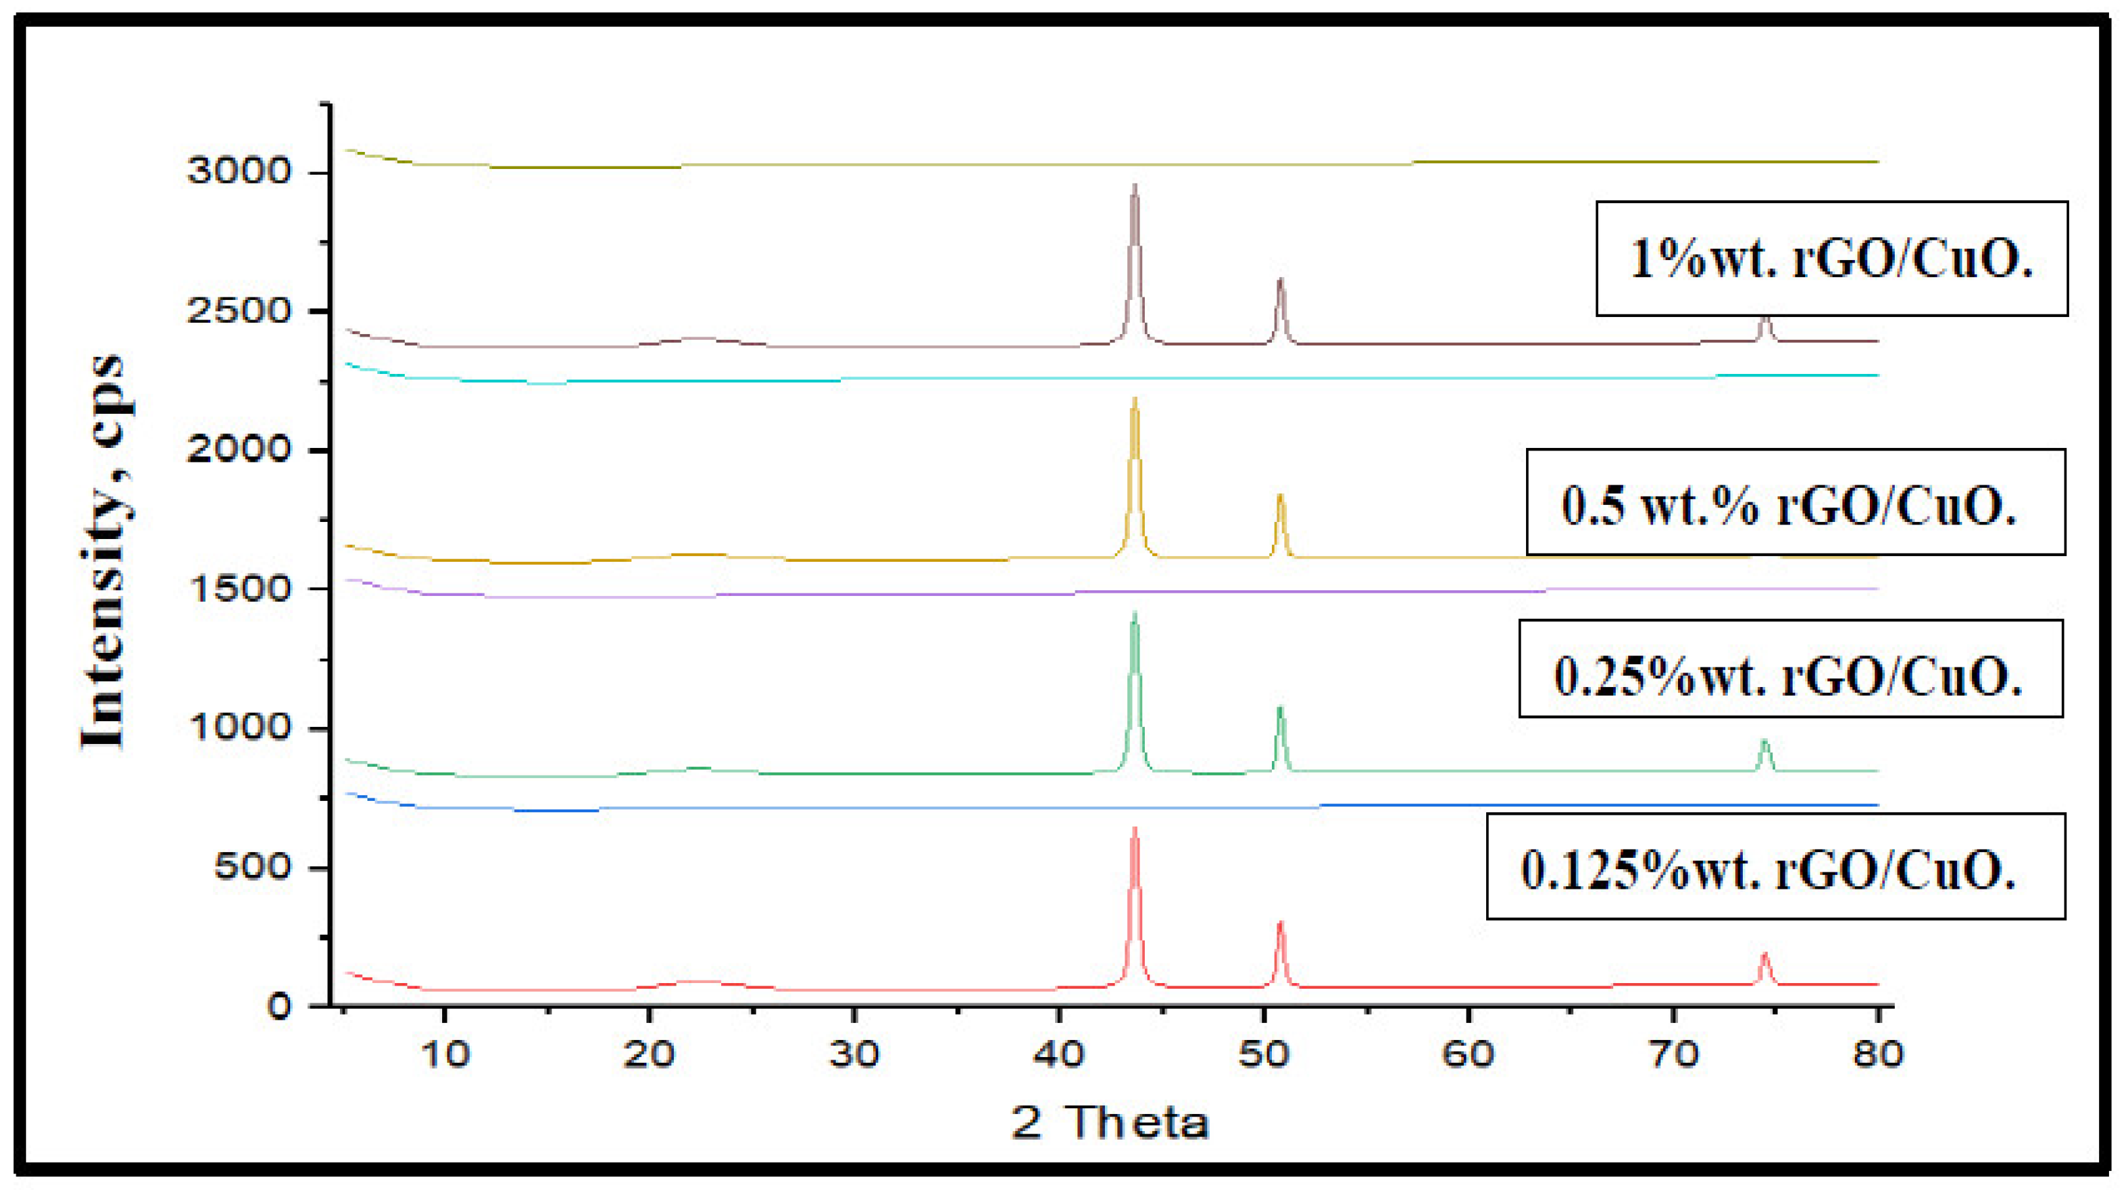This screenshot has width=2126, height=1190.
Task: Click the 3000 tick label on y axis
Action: pos(239,172)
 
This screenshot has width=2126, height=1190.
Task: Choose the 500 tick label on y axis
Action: pos(252,866)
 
